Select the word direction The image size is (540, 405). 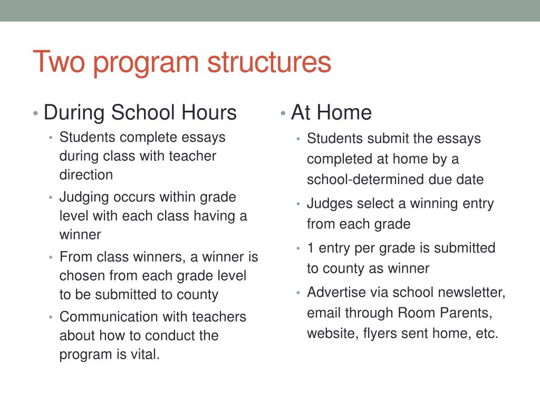(86, 175)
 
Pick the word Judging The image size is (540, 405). (84, 198)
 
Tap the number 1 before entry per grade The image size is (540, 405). (311, 248)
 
